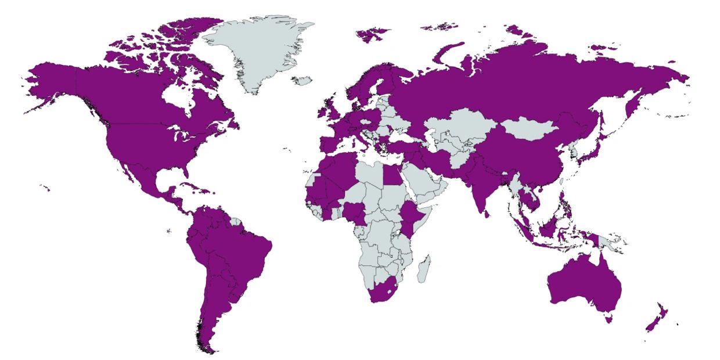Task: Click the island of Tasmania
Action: click(x=608, y=318)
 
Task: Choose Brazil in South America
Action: click(x=238, y=244)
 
